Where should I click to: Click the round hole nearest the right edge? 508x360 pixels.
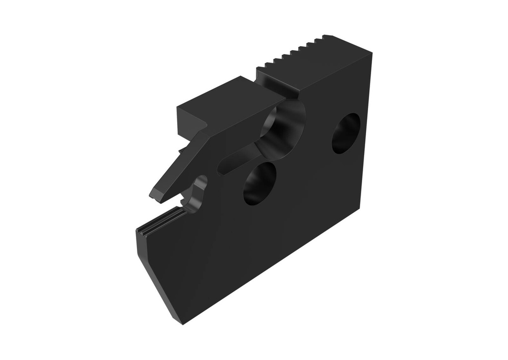point(346,133)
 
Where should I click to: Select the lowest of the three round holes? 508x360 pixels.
point(259,183)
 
